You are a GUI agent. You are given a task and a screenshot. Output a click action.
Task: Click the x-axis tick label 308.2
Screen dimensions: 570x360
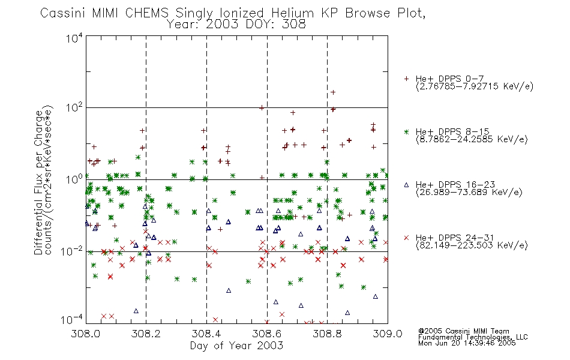pyautogui.click(x=146, y=334)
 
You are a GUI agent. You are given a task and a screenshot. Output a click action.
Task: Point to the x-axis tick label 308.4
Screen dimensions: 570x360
pyautogui.click(x=206, y=334)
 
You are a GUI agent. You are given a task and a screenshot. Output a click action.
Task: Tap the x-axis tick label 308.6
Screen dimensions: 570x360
pyautogui.click(x=267, y=334)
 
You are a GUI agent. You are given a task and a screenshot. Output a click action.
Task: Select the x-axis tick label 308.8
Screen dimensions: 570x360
pyautogui.click(x=327, y=334)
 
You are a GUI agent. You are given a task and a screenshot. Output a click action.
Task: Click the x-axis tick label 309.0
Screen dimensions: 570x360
pyautogui.click(x=388, y=334)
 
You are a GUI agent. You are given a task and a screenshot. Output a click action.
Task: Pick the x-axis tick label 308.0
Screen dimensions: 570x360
pyautogui.click(x=85, y=334)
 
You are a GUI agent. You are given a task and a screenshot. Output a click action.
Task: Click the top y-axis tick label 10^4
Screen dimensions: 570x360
pyautogui.click(x=74, y=38)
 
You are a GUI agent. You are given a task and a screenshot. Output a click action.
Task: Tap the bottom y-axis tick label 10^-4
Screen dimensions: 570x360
pyautogui.click(x=72, y=320)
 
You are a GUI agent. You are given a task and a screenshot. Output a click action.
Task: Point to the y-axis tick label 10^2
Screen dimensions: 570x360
pyautogui.click(x=74, y=107)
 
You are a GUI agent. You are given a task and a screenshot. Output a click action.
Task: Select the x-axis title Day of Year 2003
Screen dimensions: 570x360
pyautogui.click(x=236, y=346)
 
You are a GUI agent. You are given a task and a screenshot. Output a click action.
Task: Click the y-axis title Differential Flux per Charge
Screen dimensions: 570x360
pyautogui.click(x=38, y=182)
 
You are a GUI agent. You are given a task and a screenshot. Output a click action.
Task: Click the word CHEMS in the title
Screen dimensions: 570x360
pyautogui.click(x=147, y=13)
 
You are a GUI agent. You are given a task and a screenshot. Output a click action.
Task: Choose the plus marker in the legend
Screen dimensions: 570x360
pyautogui.click(x=406, y=79)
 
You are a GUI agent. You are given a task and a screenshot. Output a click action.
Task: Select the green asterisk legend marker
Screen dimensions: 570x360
pyautogui.click(x=406, y=131)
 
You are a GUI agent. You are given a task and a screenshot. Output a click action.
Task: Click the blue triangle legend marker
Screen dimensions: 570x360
pyautogui.click(x=406, y=185)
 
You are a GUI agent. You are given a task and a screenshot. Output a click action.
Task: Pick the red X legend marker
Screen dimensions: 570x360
pyautogui.click(x=406, y=238)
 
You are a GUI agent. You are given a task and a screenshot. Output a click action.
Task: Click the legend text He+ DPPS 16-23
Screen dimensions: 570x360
pyautogui.click(x=455, y=185)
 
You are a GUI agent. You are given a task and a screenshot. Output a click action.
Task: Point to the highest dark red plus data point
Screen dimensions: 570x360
pyautogui.click(x=332, y=92)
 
